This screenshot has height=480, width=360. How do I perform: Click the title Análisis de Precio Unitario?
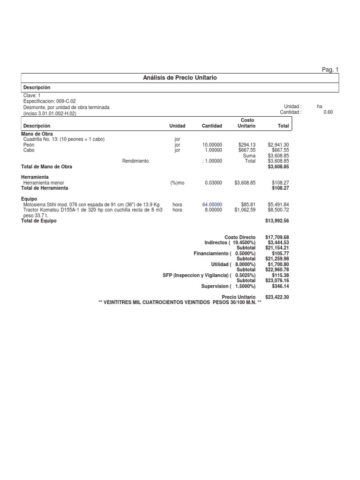[180, 77]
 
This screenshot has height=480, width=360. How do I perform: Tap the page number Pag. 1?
[330, 69]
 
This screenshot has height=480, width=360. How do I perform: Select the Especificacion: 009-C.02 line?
[49, 101]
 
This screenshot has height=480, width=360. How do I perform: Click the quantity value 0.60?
[328, 112]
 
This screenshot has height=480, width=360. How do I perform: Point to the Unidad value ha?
[320, 107]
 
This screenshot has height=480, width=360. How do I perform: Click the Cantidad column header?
[212, 126]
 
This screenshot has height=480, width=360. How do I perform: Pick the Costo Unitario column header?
[247, 123]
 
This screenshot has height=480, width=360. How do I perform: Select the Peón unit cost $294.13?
[247, 145]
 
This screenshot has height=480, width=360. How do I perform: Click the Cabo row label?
[29, 150]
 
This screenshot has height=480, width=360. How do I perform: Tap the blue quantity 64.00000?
[212, 205]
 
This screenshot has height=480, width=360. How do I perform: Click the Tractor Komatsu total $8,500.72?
[278, 210]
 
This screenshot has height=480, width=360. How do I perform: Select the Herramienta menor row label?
[44, 183]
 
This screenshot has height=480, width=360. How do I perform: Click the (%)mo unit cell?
[178, 183]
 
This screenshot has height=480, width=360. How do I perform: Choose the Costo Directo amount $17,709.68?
[277, 238]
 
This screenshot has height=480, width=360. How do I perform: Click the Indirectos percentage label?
[230, 243]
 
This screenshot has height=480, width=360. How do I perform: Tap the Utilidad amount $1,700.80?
[278, 264]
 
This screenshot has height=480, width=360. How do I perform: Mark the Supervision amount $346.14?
[280, 286]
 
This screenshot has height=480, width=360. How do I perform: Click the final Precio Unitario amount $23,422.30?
[277, 297]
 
